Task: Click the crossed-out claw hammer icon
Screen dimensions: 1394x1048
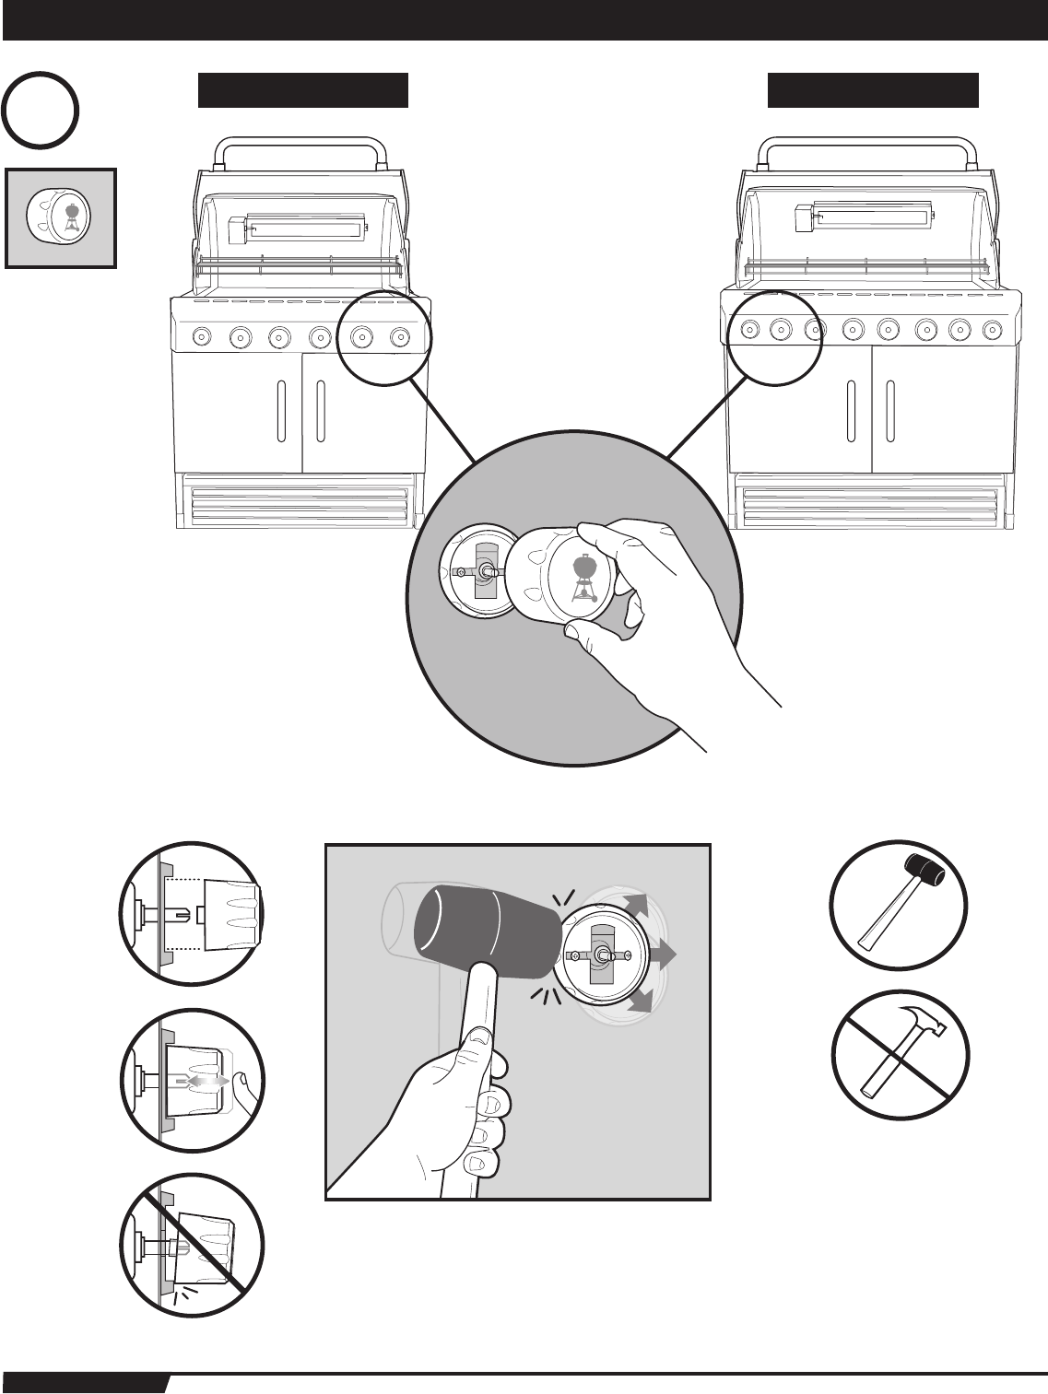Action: pos(899,1054)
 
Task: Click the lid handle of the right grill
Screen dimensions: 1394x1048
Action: pos(865,146)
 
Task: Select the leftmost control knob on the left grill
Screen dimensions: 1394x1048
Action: pos(200,337)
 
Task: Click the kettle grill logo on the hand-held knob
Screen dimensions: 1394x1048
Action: pos(583,579)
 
